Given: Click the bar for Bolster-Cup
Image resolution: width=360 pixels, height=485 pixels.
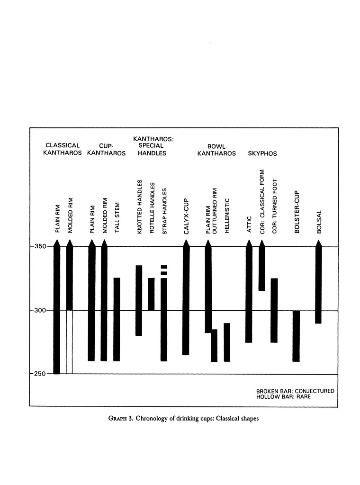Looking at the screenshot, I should click(296, 336).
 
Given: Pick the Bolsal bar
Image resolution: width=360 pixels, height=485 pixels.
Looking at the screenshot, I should click(318, 284).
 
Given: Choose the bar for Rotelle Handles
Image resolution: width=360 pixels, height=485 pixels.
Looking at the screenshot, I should click(152, 294).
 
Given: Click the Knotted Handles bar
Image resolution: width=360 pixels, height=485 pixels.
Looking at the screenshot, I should click(139, 300).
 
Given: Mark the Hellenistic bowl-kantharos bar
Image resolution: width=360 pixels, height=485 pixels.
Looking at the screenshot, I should click(227, 342).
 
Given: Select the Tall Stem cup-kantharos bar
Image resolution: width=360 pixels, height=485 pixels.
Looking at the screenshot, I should click(117, 319).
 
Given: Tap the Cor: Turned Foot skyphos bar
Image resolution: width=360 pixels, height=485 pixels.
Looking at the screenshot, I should click(274, 310).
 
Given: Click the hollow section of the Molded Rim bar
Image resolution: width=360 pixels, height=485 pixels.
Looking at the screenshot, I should click(69, 342).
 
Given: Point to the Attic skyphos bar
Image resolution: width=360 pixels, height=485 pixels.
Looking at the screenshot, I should click(249, 294).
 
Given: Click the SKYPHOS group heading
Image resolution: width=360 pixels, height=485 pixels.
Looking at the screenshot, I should click(262, 154).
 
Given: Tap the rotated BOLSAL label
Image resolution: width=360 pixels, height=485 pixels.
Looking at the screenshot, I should click(319, 221).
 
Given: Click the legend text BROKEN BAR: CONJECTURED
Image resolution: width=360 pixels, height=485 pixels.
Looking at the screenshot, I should click(295, 391).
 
